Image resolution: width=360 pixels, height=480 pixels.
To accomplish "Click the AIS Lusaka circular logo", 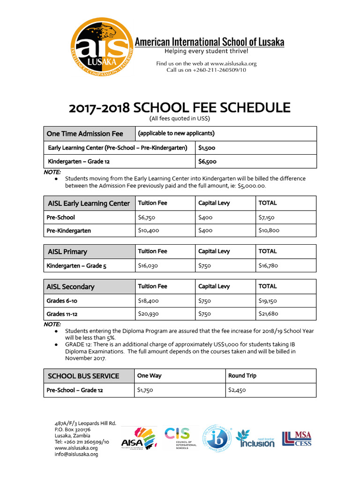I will (101, 48).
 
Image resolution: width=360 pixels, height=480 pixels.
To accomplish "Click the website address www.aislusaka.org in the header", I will (233, 63).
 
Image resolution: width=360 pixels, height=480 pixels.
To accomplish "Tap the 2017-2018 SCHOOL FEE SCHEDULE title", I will (180, 108).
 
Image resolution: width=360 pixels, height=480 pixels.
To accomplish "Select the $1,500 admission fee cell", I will (207, 148).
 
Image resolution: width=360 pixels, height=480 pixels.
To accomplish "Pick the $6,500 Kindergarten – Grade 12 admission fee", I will (207, 162).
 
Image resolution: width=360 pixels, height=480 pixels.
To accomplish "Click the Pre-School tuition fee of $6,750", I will (146, 217).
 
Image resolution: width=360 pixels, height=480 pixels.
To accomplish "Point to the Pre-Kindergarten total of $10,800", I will (269, 231).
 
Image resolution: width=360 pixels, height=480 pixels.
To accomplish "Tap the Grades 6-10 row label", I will (62, 300).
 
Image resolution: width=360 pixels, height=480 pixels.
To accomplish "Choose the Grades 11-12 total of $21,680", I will (269, 314).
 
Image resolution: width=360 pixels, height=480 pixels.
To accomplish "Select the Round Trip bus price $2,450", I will (237, 390).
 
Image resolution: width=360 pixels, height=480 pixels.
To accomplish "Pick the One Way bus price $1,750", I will (145, 390).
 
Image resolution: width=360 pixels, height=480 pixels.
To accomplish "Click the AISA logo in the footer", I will (138, 438).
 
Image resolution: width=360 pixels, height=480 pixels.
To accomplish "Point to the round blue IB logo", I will (216, 438).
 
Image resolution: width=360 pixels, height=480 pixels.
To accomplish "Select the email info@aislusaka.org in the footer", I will (76, 454).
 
